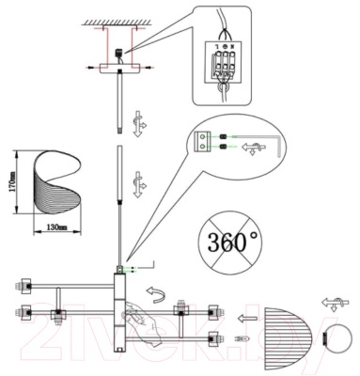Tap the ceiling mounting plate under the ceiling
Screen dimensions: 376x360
(x=118, y=67)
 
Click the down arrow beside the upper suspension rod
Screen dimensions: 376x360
(x=138, y=122)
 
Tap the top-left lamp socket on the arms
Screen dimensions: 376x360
(x=23, y=281)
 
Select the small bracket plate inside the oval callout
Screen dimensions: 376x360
(x=200, y=141)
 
